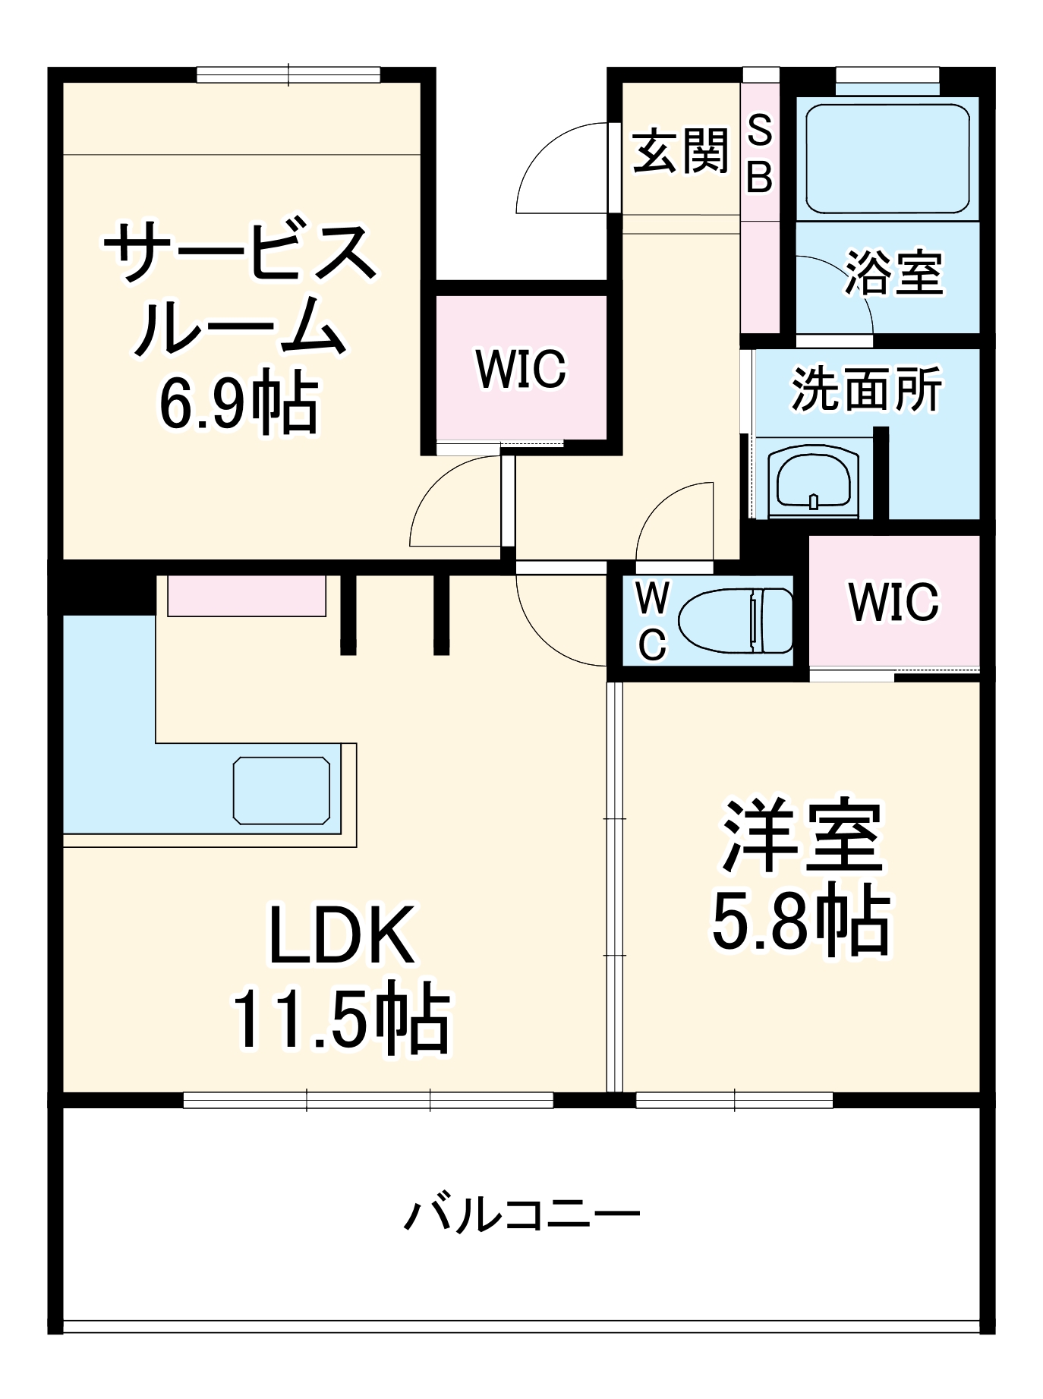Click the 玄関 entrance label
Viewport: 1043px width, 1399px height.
(x=680, y=151)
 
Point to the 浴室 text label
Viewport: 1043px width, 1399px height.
(x=893, y=273)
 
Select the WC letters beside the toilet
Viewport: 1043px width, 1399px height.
(x=652, y=622)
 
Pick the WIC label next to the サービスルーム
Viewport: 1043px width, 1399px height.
(x=521, y=369)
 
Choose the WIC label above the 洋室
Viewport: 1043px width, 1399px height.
(x=893, y=602)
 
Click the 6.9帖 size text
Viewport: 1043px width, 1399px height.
(x=238, y=403)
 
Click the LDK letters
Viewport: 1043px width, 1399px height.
(x=342, y=934)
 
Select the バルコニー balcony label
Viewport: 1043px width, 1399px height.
(x=521, y=1215)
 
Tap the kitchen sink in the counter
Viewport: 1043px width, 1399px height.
(x=282, y=789)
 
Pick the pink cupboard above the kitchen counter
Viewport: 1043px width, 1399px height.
(x=247, y=595)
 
